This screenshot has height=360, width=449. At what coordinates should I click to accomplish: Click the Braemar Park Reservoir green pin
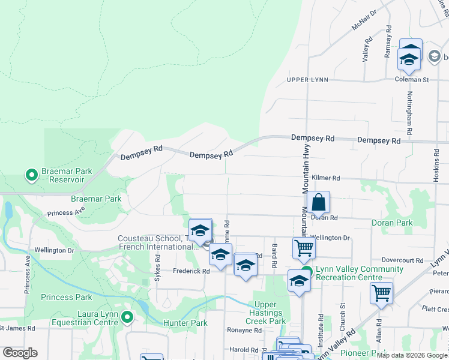coord(31,175)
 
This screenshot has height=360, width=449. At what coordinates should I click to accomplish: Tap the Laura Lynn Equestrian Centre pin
coord(127,317)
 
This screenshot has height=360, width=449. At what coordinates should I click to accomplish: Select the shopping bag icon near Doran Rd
coord(319,203)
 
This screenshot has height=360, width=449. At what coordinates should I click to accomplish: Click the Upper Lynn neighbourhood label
coord(307,80)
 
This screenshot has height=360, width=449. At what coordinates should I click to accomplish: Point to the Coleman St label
coord(411,79)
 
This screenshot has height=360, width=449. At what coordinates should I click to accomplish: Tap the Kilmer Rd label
coord(326,178)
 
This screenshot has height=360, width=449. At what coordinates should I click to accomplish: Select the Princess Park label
coord(67,297)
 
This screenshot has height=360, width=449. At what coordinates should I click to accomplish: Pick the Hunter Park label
coord(185,323)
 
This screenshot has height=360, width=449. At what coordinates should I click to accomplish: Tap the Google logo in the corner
coord(20,353)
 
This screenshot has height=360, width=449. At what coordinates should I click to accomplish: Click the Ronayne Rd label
coord(243,330)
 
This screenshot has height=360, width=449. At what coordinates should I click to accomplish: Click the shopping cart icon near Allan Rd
coord(381,294)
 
